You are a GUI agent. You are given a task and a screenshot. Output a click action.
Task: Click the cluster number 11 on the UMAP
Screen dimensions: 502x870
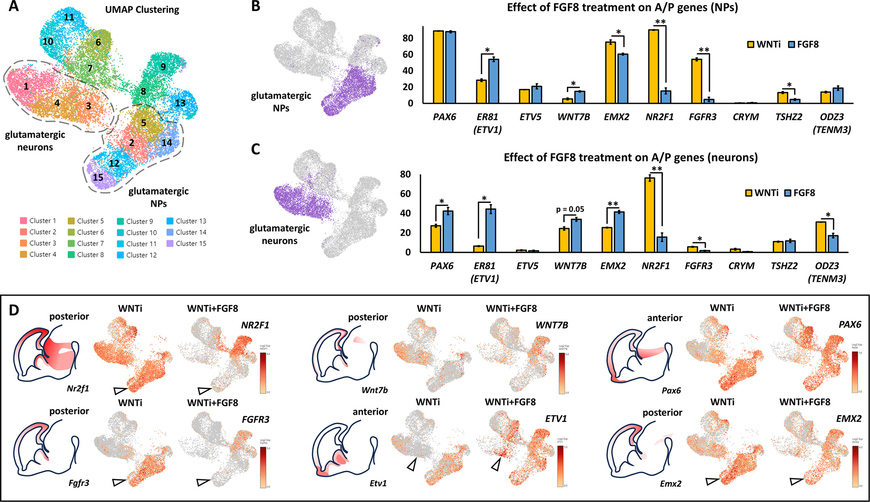point(69,17)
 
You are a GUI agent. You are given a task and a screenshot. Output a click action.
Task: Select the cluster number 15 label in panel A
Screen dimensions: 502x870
point(98,177)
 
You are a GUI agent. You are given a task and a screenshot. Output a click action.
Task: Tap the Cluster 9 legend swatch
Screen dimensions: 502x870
point(120,221)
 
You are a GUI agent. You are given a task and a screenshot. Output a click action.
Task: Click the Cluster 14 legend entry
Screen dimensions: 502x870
point(187,232)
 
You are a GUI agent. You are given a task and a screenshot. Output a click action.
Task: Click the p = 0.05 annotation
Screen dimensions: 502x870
point(570,210)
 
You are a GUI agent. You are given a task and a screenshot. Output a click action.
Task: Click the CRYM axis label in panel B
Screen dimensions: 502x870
point(746,117)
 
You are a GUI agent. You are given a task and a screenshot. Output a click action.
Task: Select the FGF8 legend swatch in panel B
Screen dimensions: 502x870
point(791,44)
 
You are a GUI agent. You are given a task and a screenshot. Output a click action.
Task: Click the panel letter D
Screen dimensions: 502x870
point(14,310)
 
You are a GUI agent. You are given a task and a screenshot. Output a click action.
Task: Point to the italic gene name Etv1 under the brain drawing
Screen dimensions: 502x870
point(378,483)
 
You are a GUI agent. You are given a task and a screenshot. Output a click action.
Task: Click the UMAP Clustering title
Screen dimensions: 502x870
point(142,9)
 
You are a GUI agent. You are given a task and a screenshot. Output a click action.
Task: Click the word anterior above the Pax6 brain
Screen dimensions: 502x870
point(664,318)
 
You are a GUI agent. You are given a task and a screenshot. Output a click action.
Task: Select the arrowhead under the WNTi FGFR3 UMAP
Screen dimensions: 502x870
point(119,482)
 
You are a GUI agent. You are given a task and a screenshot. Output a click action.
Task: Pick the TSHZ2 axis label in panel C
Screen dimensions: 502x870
point(784,266)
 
